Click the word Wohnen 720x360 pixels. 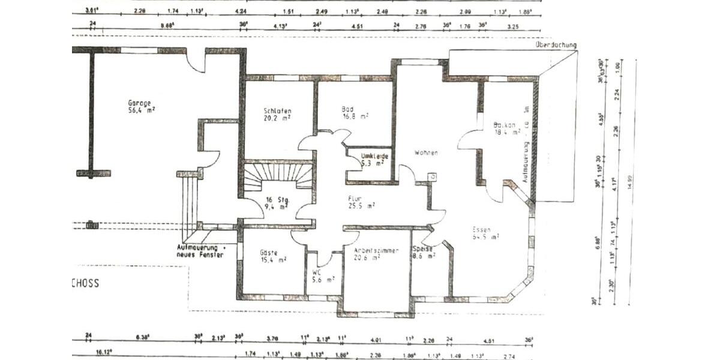(x=425, y=152)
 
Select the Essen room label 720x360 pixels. (x=482, y=229)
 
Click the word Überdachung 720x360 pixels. (x=556, y=45)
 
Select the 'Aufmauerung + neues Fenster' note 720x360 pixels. (x=200, y=251)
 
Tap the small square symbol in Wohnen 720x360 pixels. (x=433, y=176)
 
